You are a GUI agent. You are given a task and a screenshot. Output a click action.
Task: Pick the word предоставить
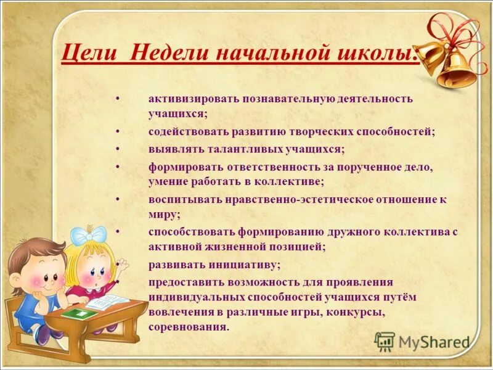pyautogui.click(x=184, y=281)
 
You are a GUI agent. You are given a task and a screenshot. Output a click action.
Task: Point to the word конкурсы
pyautogui.click(x=356, y=312)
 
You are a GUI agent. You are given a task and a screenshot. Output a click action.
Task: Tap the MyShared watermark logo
pyautogui.click(x=423, y=342)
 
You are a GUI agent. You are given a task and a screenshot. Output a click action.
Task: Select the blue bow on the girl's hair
pyautogui.click(x=88, y=235)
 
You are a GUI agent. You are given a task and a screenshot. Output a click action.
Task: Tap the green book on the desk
pyautogui.click(x=80, y=313)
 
